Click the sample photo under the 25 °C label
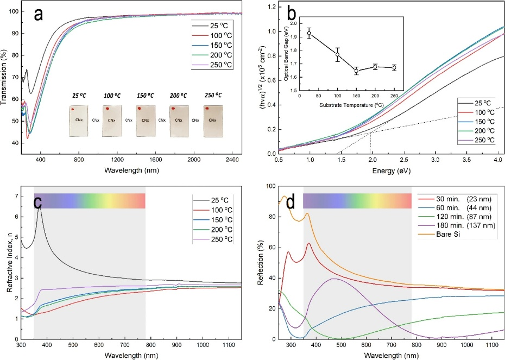click(x=79, y=121)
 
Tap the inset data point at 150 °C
click(x=357, y=71)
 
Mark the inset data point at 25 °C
click(x=309, y=33)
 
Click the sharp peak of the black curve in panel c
click(x=39, y=207)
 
